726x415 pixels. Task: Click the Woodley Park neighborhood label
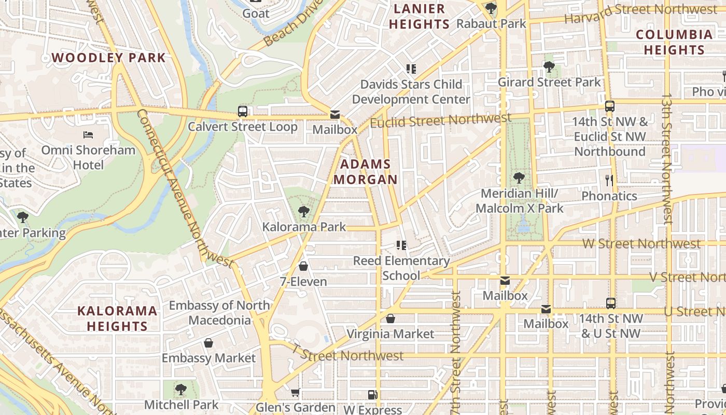pos(109,58)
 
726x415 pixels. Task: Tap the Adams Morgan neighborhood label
pos(366,172)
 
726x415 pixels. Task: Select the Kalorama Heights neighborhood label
pos(117,318)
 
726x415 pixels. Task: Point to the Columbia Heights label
pos(674,42)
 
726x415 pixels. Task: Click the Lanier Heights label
pos(419,16)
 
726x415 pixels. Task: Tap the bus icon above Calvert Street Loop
pos(243,111)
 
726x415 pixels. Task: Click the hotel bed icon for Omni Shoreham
pos(88,135)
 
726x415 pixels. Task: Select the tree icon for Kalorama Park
pos(303,212)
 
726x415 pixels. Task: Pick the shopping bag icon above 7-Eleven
pos(303,267)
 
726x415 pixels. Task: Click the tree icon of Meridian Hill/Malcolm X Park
pos(519,178)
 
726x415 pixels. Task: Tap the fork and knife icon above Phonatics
pos(609,181)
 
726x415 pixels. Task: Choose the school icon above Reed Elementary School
pos(401,245)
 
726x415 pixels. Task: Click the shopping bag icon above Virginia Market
pos(390,319)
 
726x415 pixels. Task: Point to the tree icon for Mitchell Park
pos(180,389)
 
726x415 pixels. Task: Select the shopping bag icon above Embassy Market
pos(208,343)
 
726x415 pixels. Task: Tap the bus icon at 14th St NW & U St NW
pos(611,303)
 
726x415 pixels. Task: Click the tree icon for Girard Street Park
pos(549,67)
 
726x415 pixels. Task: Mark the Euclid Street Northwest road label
pos(441,121)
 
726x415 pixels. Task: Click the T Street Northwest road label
pos(347,355)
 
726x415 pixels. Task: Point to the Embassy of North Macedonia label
pos(219,312)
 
